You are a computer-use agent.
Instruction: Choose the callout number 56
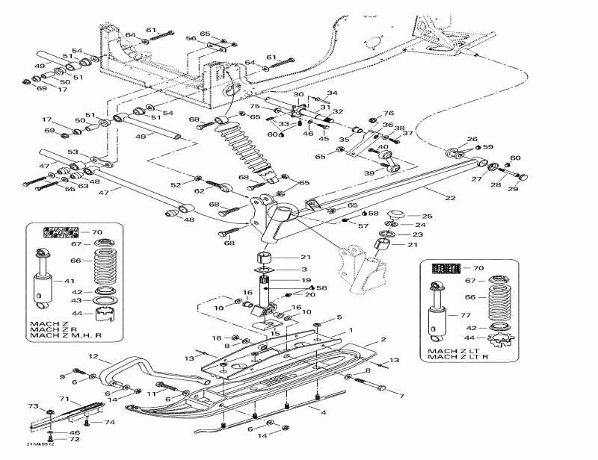(191, 39)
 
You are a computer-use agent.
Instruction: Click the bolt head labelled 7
(383, 388)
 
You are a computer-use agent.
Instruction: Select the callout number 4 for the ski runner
(323, 412)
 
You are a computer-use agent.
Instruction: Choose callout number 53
(73, 152)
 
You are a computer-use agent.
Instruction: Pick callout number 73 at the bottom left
(33, 406)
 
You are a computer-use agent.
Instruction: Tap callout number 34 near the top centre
(333, 93)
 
